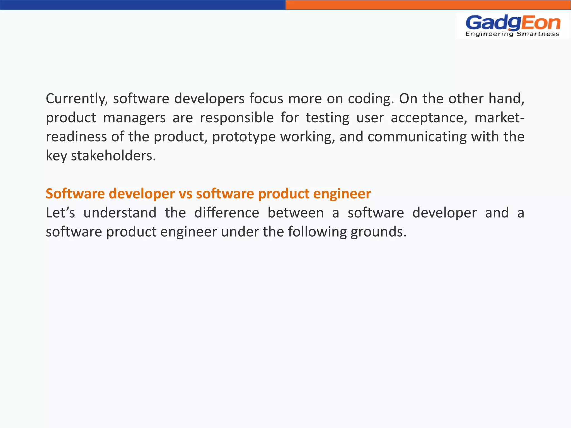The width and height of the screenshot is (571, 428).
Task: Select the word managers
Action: [x=134, y=118]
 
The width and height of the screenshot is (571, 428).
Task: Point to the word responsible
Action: [x=237, y=118]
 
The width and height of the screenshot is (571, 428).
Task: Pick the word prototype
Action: [x=244, y=137]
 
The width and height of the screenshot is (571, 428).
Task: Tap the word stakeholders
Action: [x=113, y=155]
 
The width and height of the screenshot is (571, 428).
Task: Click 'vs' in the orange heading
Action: [x=185, y=194]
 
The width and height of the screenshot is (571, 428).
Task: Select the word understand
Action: [x=120, y=213]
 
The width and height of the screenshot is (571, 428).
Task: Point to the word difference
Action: [x=227, y=213]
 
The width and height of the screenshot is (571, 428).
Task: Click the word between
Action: [x=296, y=213]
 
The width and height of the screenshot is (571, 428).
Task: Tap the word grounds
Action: [x=378, y=232]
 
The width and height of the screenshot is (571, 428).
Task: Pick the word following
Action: [x=317, y=232]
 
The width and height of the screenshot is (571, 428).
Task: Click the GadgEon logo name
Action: [x=513, y=23]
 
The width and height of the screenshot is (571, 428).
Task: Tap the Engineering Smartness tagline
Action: [x=512, y=34]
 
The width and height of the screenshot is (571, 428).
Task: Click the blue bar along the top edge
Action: [x=143, y=5]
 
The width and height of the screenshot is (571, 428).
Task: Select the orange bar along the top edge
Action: [x=428, y=5]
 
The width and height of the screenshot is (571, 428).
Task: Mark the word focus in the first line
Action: [x=266, y=99]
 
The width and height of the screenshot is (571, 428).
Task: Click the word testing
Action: [x=327, y=118]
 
